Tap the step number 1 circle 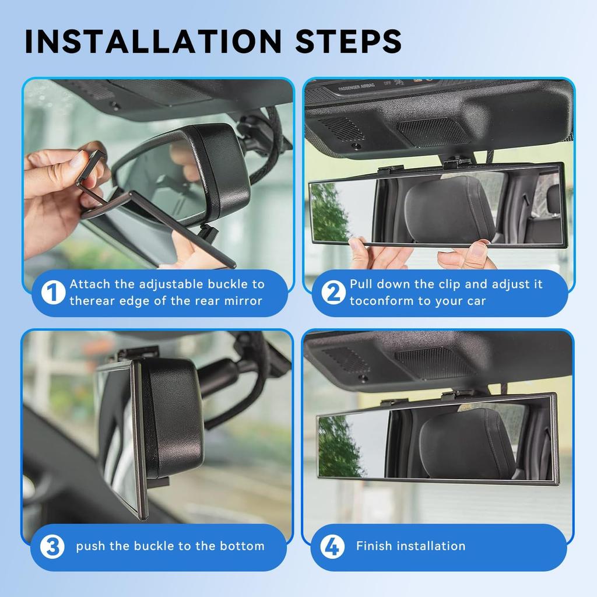(52, 293)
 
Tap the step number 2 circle (333, 293)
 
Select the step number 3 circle (52, 547)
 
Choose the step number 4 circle (332, 547)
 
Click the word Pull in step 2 (361, 285)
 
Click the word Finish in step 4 (374, 546)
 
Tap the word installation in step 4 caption (431, 546)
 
